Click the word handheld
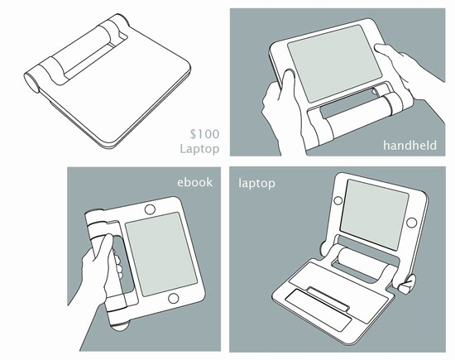[x=409, y=145]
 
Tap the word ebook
[x=195, y=182]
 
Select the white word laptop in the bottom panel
[x=256, y=184]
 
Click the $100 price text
[x=204, y=134]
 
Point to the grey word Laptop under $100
[x=199, y=149]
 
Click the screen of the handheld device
[x=334, y=63]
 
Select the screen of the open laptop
[x=374, y=214]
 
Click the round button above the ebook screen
[x=150, y=209]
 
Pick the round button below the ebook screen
[x=174, y=299]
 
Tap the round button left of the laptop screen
[x=338, y=200]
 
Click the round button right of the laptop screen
[x=411, y=223]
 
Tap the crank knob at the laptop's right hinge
[x=407, y=286]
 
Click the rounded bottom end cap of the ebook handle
[x=120, y=326]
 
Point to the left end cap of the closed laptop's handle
[x=31, y=82]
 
